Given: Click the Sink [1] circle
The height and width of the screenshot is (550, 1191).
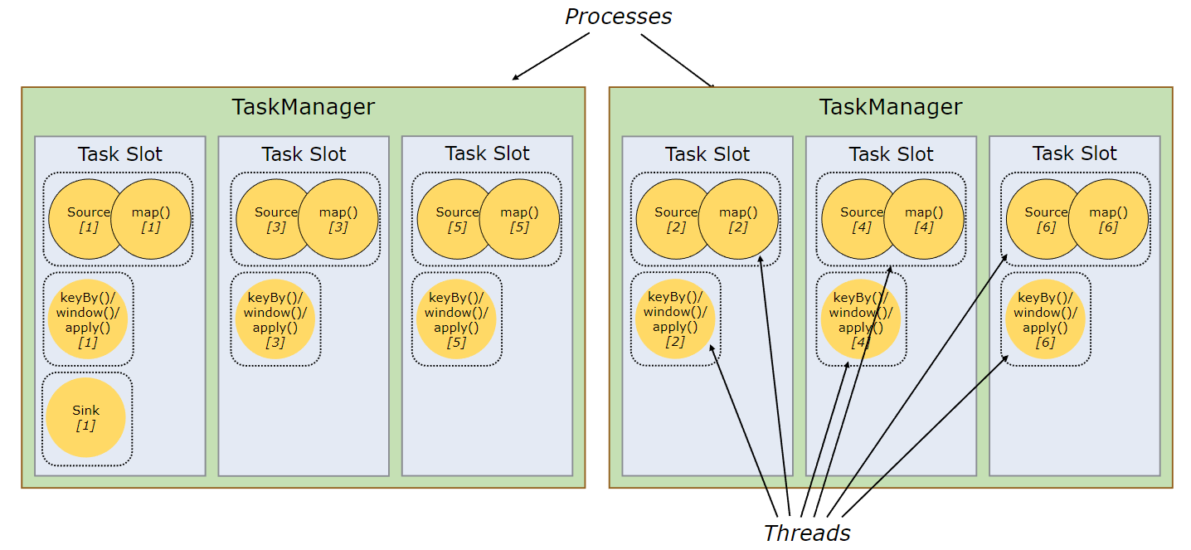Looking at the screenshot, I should pos(86,418).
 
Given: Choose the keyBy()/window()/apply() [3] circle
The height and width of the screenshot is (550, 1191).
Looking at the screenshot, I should pos(275,319).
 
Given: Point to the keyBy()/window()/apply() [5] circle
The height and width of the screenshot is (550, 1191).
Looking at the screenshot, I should pos(456,319).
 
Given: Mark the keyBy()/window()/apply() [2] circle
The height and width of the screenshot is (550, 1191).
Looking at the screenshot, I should pos(675,319).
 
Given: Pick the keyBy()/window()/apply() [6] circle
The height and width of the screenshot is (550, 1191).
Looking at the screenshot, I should pos(1045,319).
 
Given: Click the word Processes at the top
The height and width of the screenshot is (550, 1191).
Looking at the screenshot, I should pos(618,16).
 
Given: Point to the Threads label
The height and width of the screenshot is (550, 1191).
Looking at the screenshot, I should pos(806,533).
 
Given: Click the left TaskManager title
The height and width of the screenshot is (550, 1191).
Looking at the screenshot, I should pos(303,107).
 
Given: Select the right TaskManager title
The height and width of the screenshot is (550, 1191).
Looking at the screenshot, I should pos(891,107).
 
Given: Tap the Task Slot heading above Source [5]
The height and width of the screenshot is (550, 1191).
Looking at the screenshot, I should pos(487,153).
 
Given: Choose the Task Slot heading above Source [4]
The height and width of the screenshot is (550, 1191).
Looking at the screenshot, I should pos(891,154).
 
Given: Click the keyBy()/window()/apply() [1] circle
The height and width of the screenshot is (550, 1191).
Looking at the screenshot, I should pos(88,319).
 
